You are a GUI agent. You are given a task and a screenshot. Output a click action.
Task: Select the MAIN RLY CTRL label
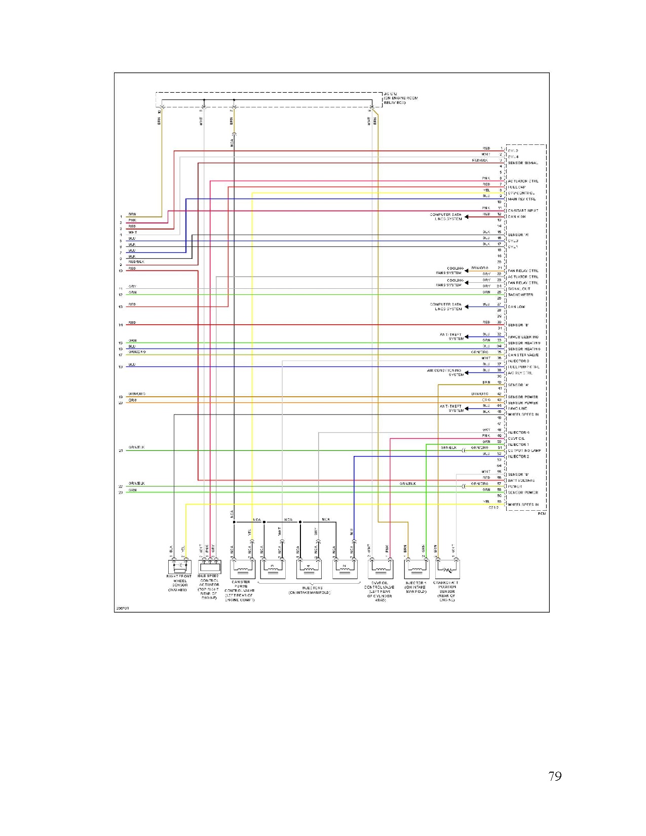point(521,199)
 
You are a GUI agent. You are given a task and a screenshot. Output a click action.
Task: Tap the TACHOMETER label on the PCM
point(520,295)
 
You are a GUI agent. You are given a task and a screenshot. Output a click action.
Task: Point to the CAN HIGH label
point(516,217)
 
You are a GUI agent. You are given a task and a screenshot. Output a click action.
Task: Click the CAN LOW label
point(516,307)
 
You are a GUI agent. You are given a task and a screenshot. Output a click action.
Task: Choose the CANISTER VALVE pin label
point(523,355)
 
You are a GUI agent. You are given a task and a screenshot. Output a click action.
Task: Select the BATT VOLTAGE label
point(521,480)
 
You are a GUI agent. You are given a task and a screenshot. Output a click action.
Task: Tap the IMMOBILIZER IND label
point(523,337)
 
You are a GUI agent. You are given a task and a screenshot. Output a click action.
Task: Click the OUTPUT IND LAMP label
point(524,450)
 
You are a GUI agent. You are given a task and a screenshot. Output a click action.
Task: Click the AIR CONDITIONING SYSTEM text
point(445,372)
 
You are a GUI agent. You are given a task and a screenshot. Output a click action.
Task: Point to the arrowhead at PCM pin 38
point(467,372)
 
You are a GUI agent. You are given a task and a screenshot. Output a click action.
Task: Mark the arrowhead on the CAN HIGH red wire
point(467,217)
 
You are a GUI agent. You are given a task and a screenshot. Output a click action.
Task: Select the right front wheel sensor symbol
point(179,566)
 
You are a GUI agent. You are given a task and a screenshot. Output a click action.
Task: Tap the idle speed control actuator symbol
point(209,566)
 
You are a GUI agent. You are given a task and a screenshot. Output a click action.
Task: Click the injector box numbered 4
point(308,569)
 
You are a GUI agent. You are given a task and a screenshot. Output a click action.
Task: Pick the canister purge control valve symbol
point(242,569)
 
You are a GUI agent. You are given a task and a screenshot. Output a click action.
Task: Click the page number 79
point(555,776)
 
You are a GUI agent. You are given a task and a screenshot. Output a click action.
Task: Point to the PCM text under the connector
point(542,514)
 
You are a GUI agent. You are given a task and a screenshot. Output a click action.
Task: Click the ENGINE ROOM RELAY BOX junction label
point(400,98)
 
